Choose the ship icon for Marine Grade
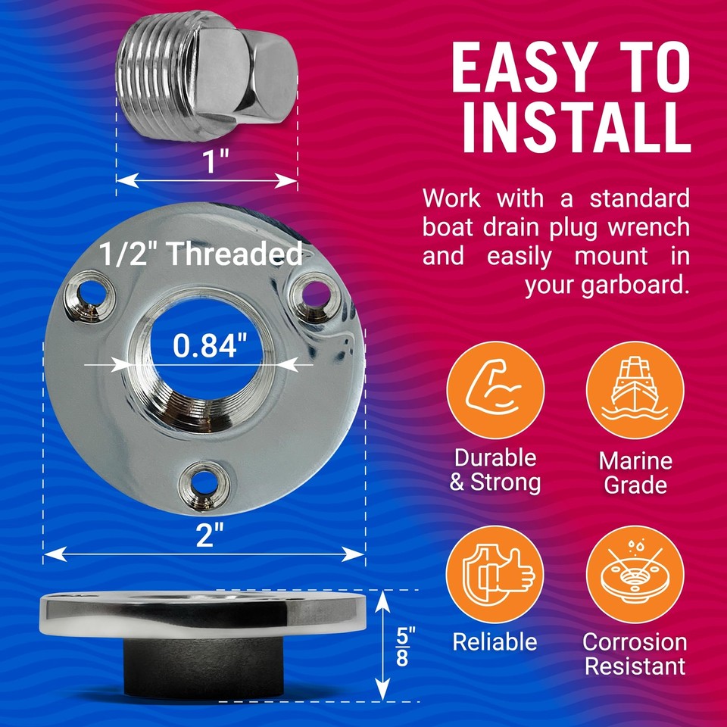pos(635,392)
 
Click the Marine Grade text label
pos(635,473)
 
